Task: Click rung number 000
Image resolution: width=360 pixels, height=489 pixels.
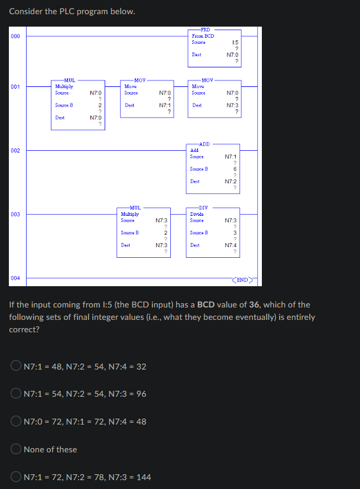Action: [x=15, y=36]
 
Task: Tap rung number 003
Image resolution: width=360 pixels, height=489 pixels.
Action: [x=15, y=214]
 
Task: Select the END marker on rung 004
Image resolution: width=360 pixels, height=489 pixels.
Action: [x=242, y=280]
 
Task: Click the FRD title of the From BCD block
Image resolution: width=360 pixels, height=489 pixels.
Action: [x=205, y=30]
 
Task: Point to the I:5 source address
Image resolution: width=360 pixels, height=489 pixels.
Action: [x=235, y=43]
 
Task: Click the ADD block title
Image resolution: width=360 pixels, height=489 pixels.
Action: [x=205, y=144]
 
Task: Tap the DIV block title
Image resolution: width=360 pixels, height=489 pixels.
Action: [x=203, y=208]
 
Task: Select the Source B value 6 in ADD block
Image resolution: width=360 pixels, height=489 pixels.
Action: [x=235, y=169]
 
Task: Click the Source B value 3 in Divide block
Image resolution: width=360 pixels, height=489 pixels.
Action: [x=235, y=232]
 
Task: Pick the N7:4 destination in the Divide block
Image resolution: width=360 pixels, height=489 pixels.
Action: [x=231, y=245]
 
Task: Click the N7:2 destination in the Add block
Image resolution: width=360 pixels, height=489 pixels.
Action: [x=231, y=182]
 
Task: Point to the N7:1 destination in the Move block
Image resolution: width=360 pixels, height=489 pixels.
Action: [x=165, y=105]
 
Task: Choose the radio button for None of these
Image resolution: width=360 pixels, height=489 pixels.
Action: [x=16, y=449]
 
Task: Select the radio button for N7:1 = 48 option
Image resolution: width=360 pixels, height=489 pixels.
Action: [x=16, y=365]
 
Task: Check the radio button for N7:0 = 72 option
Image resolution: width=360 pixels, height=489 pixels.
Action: [x=16, y=421]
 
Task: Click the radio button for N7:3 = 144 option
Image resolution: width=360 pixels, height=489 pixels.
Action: [x=16, y=476]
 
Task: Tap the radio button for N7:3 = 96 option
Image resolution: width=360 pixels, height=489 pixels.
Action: [x=16, y=393]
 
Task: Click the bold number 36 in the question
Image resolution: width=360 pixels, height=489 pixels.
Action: [x=254, y=305]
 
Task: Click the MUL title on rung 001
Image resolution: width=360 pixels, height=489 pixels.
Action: [x=70, y=80]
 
